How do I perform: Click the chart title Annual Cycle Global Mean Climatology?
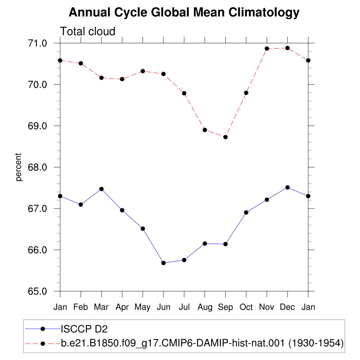coord(184,12)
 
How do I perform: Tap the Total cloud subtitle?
coord(88,31)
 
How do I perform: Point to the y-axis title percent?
coord(18,167)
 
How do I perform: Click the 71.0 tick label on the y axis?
coord(37,43)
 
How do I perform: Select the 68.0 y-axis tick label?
coord(37,167)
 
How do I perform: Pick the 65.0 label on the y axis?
coord(37,291)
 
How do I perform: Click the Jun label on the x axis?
coord(163,307)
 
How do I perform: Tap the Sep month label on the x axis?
coord(225,307)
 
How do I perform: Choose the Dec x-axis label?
coord(288,307)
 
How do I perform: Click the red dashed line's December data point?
coord(288,48)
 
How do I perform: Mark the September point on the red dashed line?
coord(225,137)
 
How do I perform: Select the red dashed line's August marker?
coord(205,130)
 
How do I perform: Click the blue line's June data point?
coord(163,263)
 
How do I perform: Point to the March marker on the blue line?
coord(102,189)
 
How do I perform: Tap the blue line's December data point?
coord(288,187)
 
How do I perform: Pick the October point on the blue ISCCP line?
coord(246,212)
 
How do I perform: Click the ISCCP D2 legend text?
coord(84,329)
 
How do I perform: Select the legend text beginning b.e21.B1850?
coord(202,343)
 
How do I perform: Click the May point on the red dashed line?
coord(143,71)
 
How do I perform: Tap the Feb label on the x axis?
coord(81,307)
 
